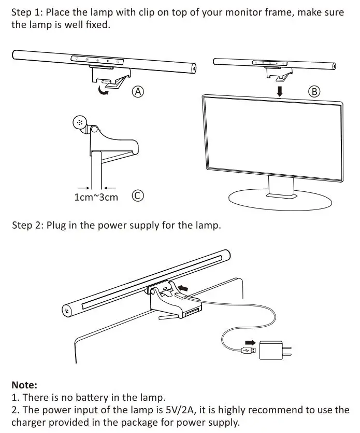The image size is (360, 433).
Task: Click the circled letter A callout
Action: click(x=137, y=92)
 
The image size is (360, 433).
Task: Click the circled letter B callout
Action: click(x=314, y=92)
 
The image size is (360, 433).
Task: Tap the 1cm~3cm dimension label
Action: click(x=96, y=197)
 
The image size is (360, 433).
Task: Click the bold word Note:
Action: click(x=24, y=385)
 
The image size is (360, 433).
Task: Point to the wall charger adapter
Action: click(x=271, y=351)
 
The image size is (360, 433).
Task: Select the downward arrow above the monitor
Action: click(x=279, y=91)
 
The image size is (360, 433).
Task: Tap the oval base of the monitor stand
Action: click(x=279, y=200)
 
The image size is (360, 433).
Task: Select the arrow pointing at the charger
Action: click(x=250, y=342)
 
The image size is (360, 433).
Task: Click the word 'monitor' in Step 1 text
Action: click(x=228, y=12)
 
